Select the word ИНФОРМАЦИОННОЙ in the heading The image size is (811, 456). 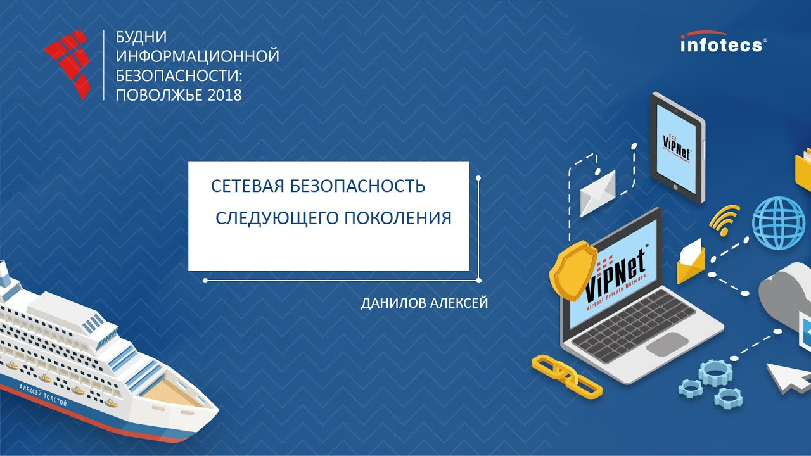[197, 56]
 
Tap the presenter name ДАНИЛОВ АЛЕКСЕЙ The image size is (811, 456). [424, 303]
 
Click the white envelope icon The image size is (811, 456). [597, 193]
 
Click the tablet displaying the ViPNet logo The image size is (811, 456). [677, 146]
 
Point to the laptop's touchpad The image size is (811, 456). [666, 343]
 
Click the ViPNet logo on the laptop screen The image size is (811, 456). [615, 275]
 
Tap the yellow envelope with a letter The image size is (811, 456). [691, 261]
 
